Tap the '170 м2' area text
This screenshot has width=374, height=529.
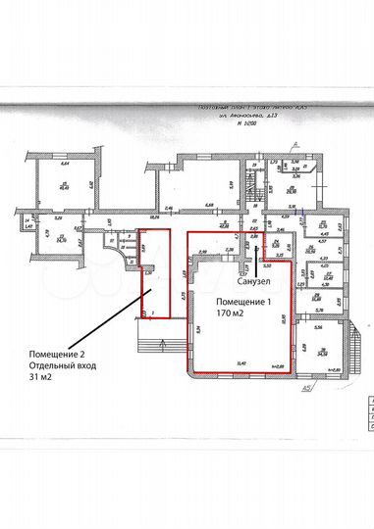point(230,314)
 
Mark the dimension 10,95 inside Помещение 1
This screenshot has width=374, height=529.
point(283,318)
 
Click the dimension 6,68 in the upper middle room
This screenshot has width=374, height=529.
point(209,206)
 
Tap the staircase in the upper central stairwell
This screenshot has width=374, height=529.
point(258,183)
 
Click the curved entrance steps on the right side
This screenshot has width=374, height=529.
point(347,343)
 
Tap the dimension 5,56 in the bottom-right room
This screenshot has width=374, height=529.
point(319,312)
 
